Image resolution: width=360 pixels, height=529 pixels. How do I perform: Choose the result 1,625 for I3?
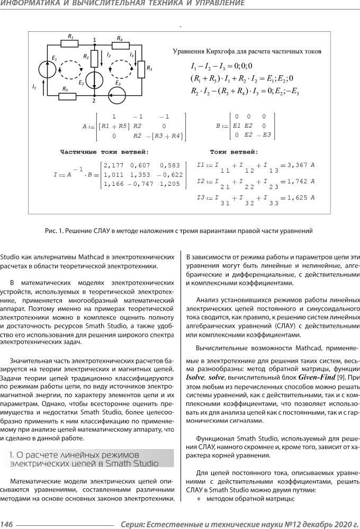tap(298, 198)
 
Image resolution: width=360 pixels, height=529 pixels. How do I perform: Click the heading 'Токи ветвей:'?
tap(233, 151)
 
